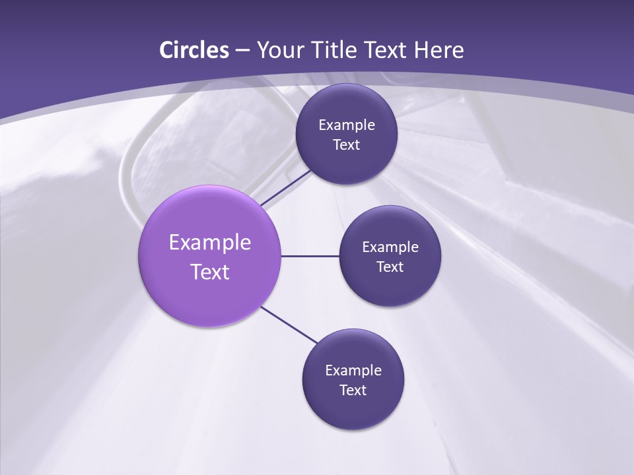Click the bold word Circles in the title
click(x=194, y=50)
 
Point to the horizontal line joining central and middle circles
click(x=310, y=256)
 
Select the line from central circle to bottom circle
click(x=289, y=325)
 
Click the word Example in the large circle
click(x=210, y=243)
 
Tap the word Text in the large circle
click(x=210, y=272)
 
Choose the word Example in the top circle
click(x=347, y=125)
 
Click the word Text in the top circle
click(x=347, y=145)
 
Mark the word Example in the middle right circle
click(x=390, y=247)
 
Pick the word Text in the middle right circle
click(x=390, y=267)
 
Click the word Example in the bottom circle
click(x=353, y=371)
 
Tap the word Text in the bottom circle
click(x=353, y=391)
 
